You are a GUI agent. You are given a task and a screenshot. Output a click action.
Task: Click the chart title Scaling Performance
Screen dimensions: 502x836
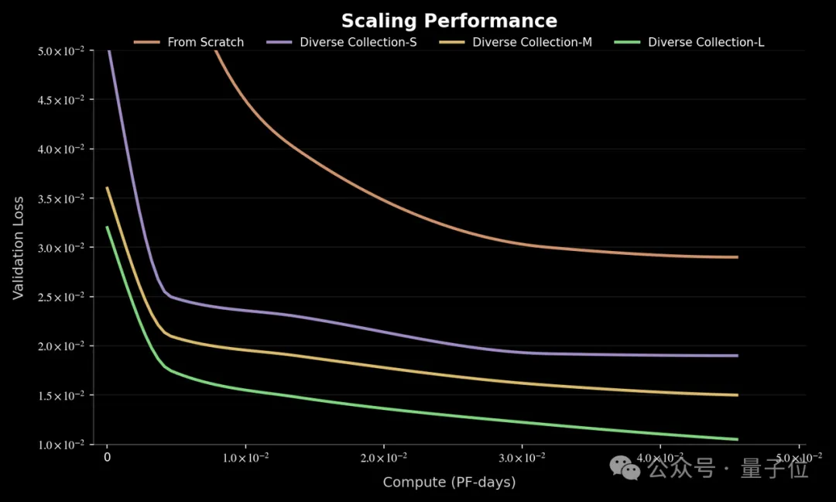point(449,20)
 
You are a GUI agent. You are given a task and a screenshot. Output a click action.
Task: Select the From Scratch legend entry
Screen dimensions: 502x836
point(205,42)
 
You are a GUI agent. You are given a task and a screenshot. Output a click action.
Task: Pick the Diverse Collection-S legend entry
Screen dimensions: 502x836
point(358,42)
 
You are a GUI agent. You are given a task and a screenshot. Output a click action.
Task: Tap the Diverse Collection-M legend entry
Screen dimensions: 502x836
point(532,42)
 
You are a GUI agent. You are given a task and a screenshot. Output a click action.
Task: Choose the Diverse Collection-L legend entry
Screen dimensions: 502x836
point(705,42)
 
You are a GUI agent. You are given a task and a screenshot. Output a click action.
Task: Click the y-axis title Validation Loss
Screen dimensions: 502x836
point(19,247)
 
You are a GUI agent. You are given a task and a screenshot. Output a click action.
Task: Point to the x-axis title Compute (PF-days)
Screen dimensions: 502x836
point(449,482)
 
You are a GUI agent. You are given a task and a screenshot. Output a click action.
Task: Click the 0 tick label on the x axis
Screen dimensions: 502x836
point(108,458)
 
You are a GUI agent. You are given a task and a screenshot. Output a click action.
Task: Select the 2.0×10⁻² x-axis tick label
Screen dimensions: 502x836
point(384,458)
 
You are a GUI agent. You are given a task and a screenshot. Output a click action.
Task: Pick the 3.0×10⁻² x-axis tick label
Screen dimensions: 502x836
point(522,458)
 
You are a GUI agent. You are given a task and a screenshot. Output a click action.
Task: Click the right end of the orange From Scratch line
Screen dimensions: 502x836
point(737,257)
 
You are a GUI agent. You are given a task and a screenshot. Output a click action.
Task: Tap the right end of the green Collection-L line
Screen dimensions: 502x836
point(737,439)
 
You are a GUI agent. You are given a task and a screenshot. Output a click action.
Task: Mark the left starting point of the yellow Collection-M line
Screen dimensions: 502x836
point(108,187)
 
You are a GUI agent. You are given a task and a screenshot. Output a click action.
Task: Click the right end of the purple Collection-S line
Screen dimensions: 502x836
point(737,356)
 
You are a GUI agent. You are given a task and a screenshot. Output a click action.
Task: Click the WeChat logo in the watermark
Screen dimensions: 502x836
point(625,467)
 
